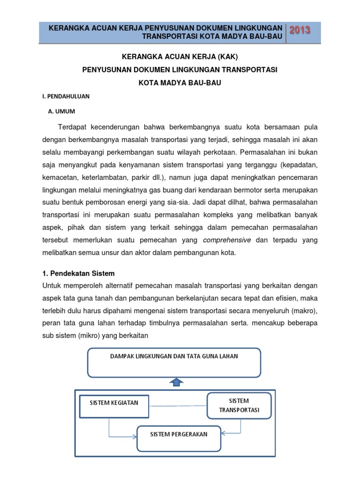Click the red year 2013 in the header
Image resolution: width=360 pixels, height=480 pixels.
[300, 30]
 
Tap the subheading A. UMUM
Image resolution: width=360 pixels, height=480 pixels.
[62, 112]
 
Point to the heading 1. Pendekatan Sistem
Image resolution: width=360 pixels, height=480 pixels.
[78, 273]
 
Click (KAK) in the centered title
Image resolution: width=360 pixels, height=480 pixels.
[227, 57]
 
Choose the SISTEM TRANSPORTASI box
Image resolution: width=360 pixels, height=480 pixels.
[239, 405]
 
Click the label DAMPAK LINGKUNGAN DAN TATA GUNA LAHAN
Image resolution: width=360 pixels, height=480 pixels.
[174, 356]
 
